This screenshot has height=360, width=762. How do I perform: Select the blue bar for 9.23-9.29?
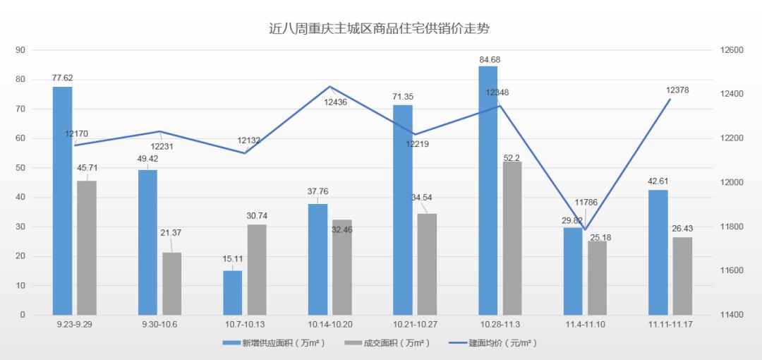point(62,200)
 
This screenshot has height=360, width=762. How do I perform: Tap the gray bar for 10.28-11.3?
point(512,238)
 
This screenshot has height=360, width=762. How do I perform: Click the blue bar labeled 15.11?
point(233,292)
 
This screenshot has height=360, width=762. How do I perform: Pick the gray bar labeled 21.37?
point(172,283)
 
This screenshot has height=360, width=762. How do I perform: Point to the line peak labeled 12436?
point(330,87)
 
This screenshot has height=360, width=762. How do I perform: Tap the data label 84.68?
point(488,59)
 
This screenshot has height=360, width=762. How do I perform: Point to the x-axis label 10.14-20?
point(330,324)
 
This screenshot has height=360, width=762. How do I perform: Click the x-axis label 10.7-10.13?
point(246,324)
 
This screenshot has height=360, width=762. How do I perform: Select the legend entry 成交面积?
point(395,343)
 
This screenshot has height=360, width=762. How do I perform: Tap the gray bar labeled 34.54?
point(427,264)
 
